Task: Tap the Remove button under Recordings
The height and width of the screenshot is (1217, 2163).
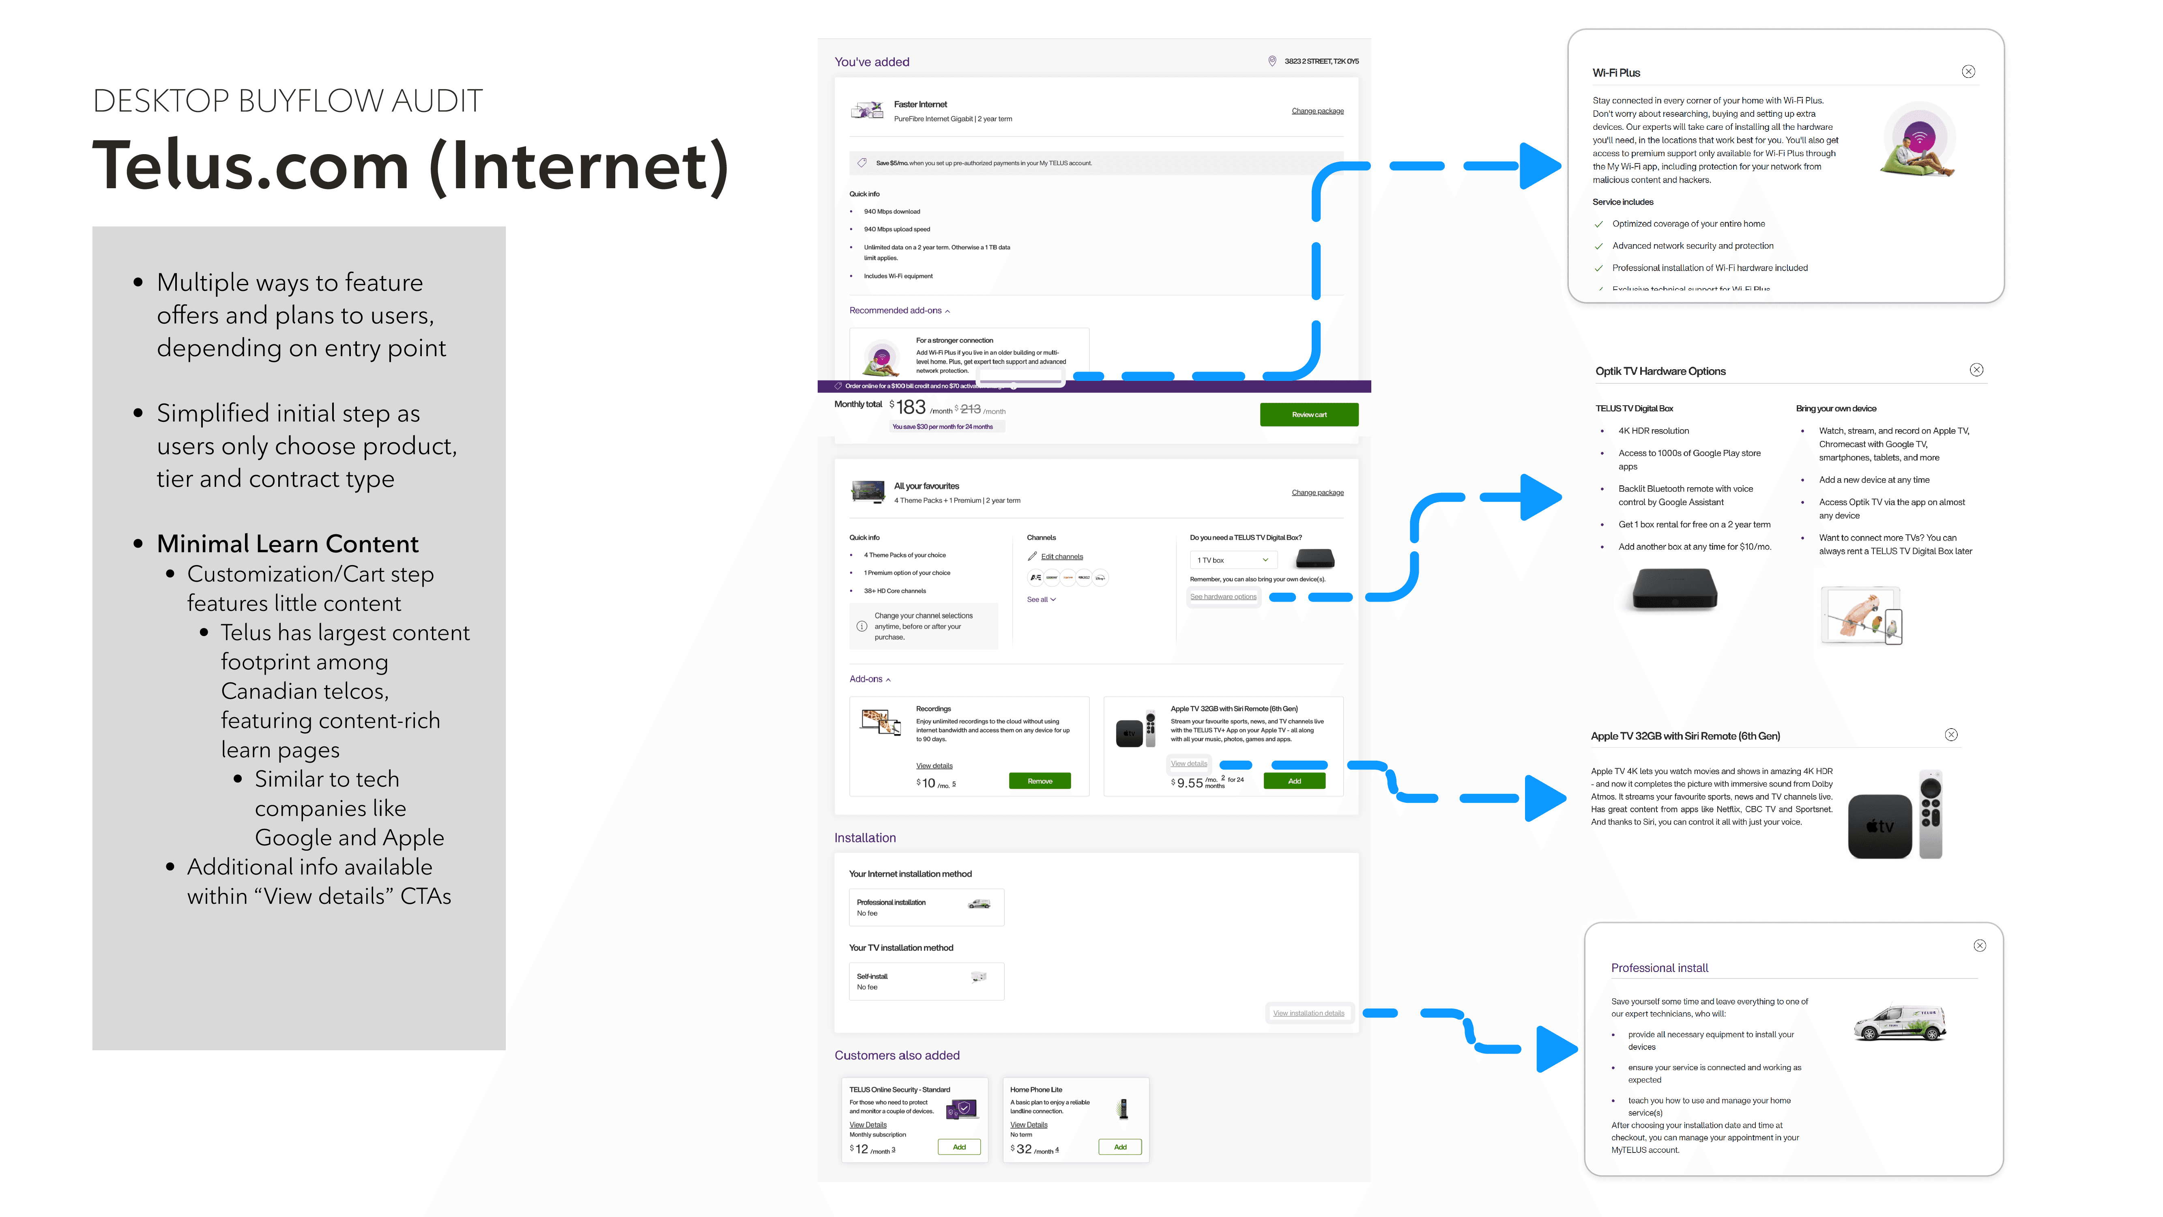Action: click(x=1040, y=781)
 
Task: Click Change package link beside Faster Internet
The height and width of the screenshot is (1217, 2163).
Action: click(x=1317, y=111)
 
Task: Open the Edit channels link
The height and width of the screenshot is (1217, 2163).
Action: click(x=1061, y=557)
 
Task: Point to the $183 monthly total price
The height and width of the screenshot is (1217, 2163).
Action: click(x=910, y=408)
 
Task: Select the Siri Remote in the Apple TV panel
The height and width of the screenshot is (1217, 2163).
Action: click(x=1931, y=813)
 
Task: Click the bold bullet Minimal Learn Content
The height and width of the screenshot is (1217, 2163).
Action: click(x=287, y=544)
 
